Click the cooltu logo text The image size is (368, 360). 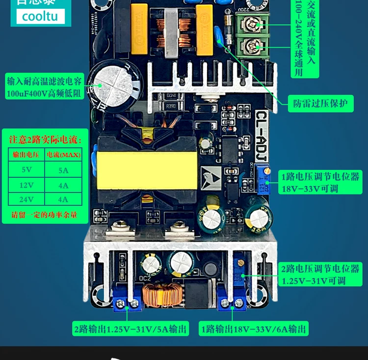point(40,16)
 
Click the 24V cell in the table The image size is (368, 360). point(26,199)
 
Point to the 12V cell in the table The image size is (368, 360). point(26,185)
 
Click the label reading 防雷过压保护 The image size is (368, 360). point(320,103)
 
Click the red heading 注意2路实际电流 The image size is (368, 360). point(45,140)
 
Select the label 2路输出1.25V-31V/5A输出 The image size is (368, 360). point(130,329)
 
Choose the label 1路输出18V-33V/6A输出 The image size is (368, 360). point(253,329)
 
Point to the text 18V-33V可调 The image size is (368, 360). point(310,189)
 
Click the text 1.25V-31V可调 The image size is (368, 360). point(314,281)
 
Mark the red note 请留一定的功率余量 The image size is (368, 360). point(45,215)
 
